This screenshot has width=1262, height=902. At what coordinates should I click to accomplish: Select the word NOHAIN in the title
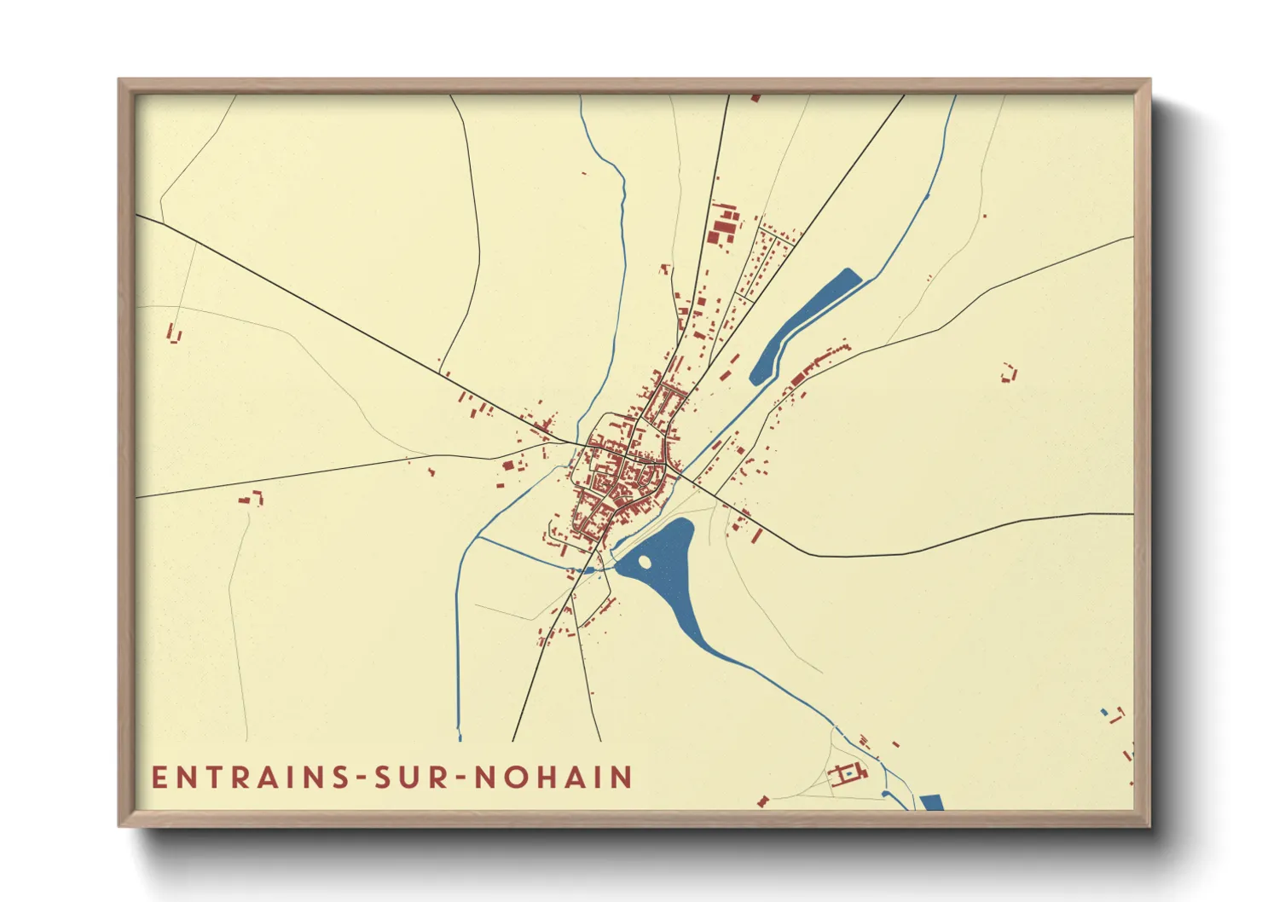coord(553,778)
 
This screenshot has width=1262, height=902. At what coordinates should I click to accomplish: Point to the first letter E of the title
coord(159,778)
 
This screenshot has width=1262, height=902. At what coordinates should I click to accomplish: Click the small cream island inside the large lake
coord(644,562)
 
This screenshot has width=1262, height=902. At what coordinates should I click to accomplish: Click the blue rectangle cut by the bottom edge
coord(931,802)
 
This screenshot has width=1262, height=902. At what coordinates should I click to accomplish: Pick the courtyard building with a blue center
coord(848,773)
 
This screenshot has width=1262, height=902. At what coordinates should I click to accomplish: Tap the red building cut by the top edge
coord(755,98)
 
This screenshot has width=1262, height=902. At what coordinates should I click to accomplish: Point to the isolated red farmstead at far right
coord(1010,373)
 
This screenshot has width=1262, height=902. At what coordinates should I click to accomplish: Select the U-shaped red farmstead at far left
coord(174,333)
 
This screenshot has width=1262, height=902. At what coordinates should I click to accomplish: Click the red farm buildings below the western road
coord(252,498)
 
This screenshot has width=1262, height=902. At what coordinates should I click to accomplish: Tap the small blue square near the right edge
coord(1104,712)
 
